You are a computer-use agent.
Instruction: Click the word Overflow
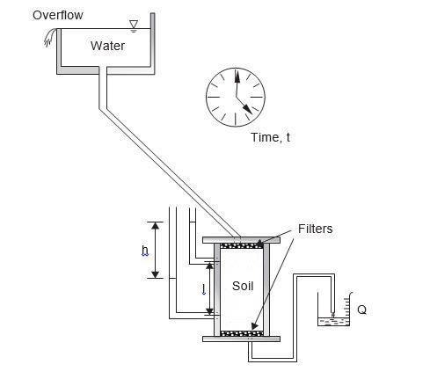58,15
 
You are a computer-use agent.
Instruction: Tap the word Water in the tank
107,46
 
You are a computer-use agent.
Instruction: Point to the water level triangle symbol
134,25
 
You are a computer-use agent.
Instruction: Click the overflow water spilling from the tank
50,37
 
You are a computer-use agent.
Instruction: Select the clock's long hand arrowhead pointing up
237,77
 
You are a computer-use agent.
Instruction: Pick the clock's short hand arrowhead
247,109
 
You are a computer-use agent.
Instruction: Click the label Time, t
271,137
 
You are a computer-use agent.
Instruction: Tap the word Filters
315,229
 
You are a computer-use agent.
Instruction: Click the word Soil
243,286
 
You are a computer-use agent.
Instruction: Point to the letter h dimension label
145,251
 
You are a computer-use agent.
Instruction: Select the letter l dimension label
204,289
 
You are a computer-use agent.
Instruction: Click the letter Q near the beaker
362,310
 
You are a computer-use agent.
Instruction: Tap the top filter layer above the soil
242,245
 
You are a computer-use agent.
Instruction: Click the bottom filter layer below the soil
242,333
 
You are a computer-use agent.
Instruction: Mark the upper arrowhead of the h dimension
156,225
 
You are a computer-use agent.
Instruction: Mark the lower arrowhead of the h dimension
156,274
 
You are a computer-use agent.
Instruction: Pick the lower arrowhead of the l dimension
209,311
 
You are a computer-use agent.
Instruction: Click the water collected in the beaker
334,322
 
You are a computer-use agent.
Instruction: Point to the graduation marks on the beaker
346,307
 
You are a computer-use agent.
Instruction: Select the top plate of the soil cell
241,240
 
